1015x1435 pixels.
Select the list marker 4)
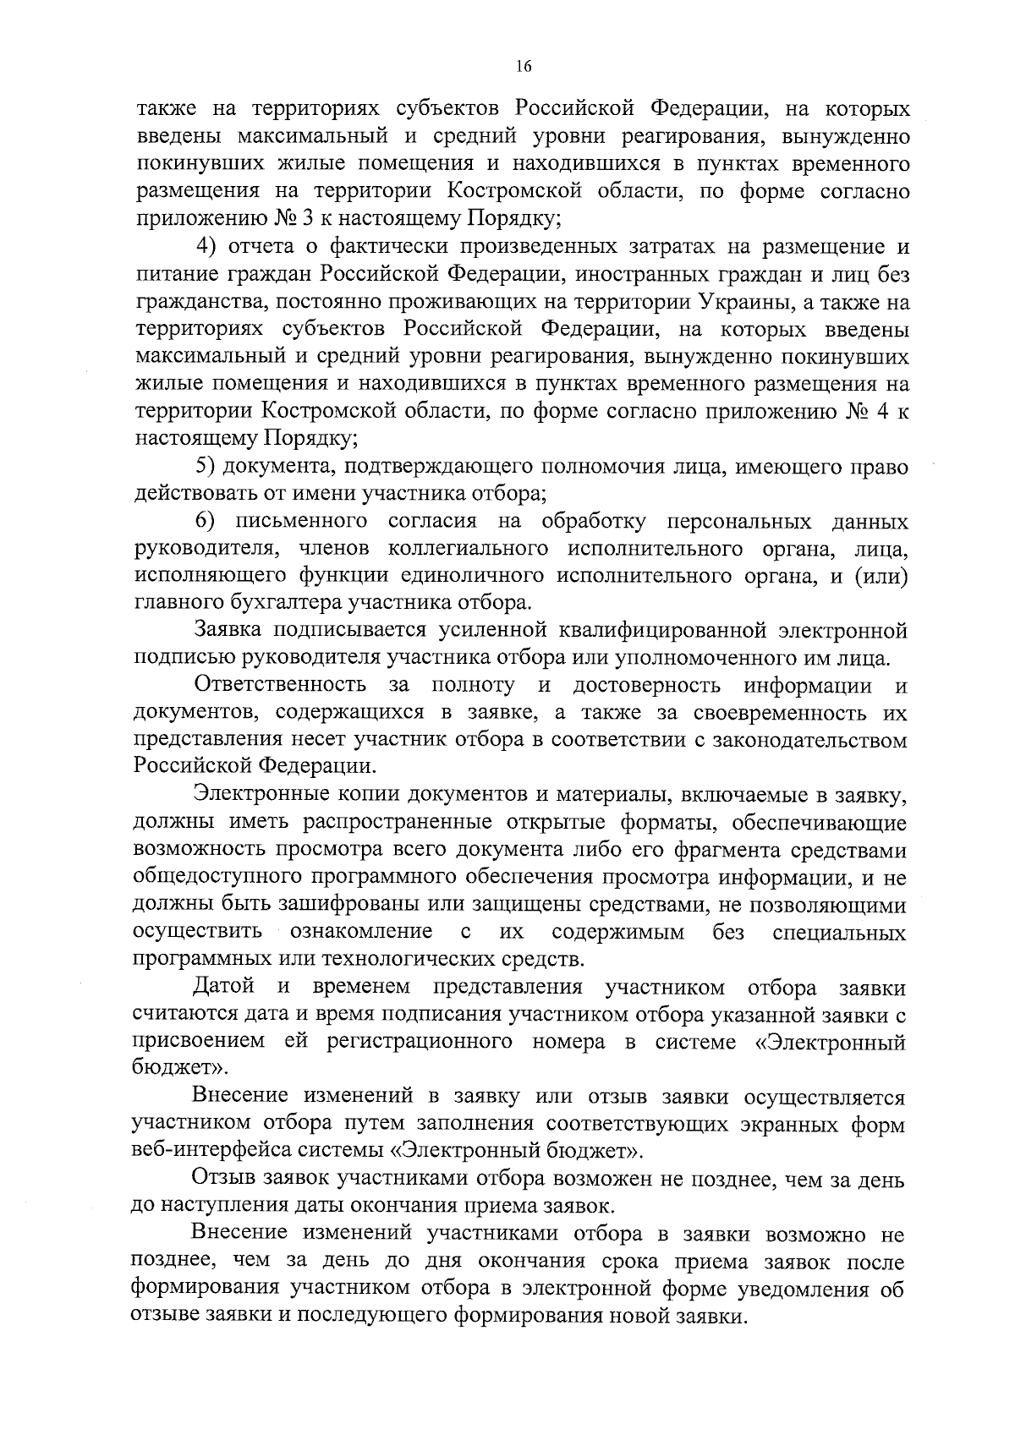point(209,247)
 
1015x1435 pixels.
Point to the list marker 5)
point(208,466)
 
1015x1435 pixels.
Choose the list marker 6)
point(208,521)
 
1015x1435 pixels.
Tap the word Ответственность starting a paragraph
point(280,685)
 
